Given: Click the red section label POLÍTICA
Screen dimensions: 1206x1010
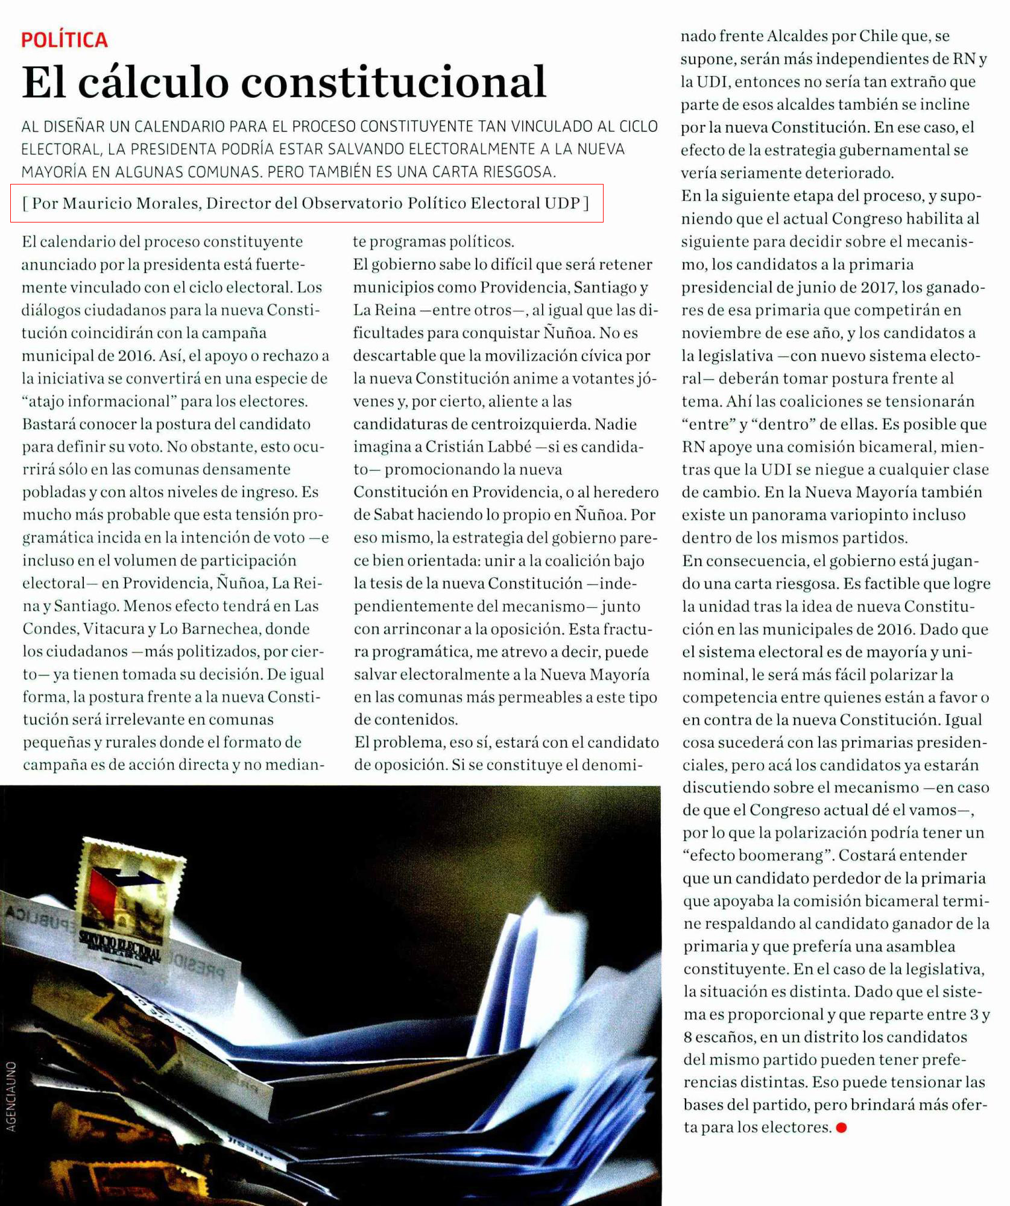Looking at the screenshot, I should click(65, 40).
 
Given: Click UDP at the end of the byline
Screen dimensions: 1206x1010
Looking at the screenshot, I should click(562, 203).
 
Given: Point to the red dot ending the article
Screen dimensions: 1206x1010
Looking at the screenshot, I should click(842, 1128).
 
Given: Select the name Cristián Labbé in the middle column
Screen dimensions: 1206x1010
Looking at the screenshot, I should click(475, 447).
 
